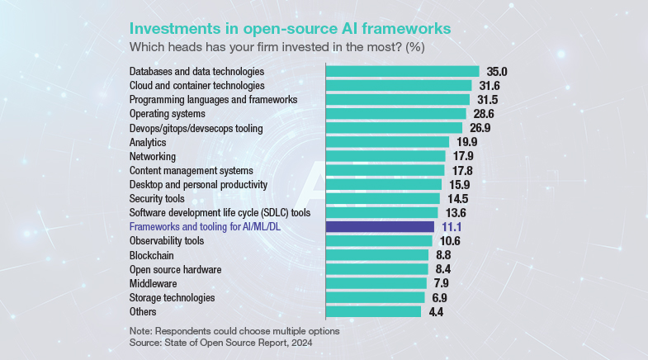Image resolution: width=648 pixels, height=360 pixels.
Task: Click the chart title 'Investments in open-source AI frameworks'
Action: point(291,27)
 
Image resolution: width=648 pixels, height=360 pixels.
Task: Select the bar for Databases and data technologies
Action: point(403,72)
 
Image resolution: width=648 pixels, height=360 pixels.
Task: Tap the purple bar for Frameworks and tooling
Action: point(381,226)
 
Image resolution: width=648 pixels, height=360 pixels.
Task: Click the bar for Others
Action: point(374,311)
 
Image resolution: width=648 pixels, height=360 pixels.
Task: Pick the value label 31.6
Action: point(489,86)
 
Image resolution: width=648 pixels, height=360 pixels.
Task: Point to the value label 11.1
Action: point(452,226)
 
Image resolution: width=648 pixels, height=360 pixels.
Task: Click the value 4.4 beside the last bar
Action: point(436,311)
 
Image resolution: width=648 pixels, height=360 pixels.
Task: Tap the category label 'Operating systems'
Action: point(168,113)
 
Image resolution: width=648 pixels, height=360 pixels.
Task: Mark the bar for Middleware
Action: point(376,283)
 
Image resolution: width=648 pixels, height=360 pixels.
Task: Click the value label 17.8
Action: point(461,170)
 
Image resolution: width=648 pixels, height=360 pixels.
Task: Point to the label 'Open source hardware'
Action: point(177,269)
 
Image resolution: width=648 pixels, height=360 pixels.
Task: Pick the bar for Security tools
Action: point(383,198)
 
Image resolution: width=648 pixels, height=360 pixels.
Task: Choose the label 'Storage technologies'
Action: point(173,297)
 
